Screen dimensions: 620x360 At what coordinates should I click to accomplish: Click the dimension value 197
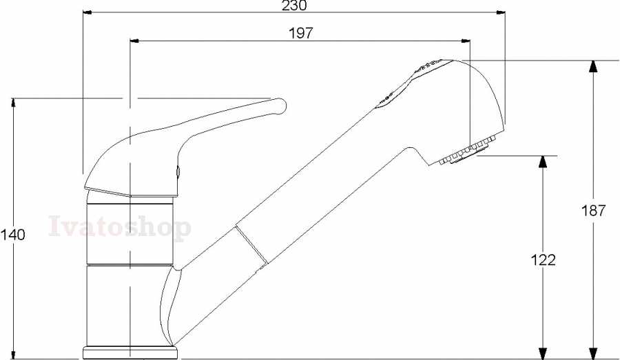click(x=300, y=33)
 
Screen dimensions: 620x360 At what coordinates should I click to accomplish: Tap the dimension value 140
click(x=12, y=235)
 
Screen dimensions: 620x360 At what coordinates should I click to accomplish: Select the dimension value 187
click(x=592, y=211)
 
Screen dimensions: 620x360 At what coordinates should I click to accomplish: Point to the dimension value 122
click(x=543, y=260)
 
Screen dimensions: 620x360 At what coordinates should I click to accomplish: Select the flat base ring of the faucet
click(x=130, y=353)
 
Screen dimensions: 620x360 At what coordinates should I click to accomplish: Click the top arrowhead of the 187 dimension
click(x=592, y=66)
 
